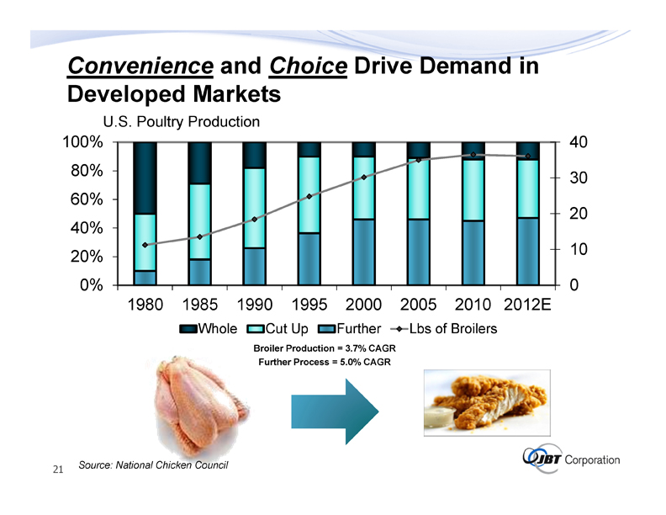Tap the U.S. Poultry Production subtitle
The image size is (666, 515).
coord(180,122)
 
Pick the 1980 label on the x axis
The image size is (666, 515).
coord(145,304)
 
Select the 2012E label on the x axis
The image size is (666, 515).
coord(527,304)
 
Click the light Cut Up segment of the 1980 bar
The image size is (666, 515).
coord(145,242)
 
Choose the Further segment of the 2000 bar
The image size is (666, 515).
coord(364,252)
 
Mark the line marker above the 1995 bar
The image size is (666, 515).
coord(309,196)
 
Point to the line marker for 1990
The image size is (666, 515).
coord(254,219)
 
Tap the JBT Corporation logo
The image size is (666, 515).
coord(572,459)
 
